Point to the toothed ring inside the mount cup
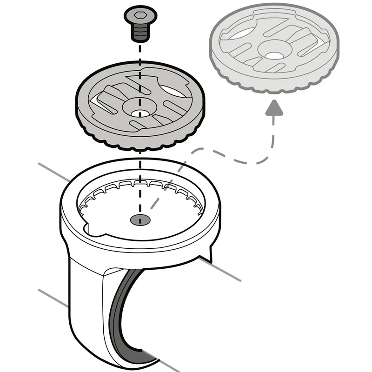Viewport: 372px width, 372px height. click(139, 186)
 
